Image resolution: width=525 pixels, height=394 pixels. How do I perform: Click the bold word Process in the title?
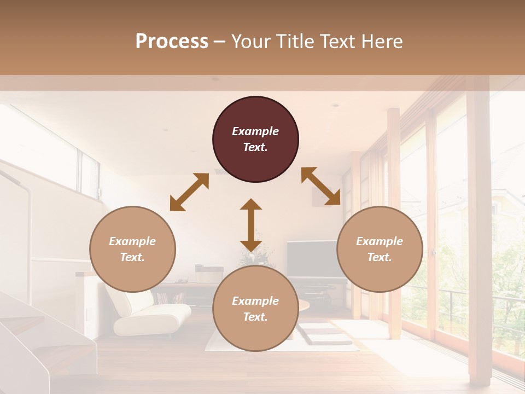click(x=172, y=41)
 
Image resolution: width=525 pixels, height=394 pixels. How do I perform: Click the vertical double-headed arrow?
click(x=251, y=225)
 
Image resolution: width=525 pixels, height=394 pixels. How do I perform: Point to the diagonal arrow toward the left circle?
click(x=189, y=192)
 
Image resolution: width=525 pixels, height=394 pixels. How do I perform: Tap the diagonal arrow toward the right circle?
click(x=321, y=186)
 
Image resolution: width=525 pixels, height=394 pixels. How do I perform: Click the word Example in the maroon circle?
click(x=255, y=131)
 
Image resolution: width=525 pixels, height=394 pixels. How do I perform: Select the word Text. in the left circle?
click(x=132, y=257)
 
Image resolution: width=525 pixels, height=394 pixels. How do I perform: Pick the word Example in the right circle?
click(x=380, y=241)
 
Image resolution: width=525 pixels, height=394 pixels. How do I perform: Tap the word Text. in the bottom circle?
click(x=255, y=317)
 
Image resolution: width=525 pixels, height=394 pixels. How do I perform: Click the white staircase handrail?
click(x=22, y=186)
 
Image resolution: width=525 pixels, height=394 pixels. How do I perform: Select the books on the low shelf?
click(x=170, y=299)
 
